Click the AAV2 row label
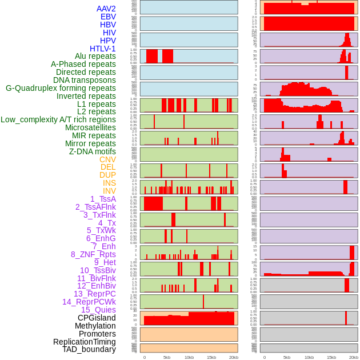(106, 9)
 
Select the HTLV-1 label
(103, 49)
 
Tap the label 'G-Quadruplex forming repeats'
(61, 88)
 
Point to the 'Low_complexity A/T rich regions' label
(58, 119)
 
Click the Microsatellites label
(90, 127)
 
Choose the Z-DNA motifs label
(93, 151)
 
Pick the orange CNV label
(107, 159)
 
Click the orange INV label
(109, 191)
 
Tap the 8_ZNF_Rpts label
(93, 254)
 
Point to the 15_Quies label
(98, 310)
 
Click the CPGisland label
(97, 318)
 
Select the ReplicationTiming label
(85, 342)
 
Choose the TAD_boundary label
(89, 349)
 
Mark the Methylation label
(95, 326)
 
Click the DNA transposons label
(85, 80)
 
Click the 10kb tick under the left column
(189, 357)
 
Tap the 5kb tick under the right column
(287, 357)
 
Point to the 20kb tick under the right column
(354, 357)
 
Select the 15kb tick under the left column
(211, 357)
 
